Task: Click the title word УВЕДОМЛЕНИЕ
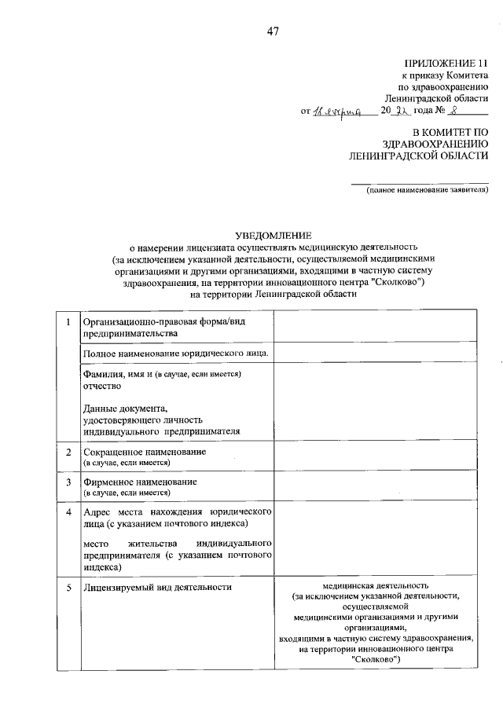(274, 235)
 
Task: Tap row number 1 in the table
(69, 322)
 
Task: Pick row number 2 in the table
(69, 453)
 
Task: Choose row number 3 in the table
(69, 481)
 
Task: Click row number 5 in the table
(69, 587)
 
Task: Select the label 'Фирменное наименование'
(139, 481)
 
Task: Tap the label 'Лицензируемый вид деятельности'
(157, 587)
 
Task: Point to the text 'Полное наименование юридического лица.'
(176, 354)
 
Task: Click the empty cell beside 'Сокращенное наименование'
(373, 457)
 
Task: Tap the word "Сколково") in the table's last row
(376, 660)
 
